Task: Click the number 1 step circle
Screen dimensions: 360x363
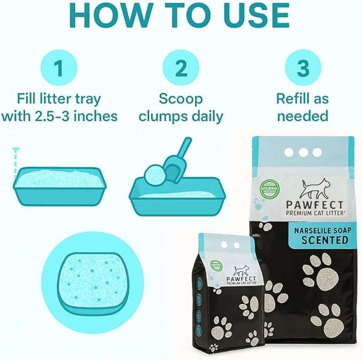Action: click(59, 68)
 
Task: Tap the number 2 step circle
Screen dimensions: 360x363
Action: click(181, 68)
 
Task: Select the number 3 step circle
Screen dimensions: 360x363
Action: click(303, 68)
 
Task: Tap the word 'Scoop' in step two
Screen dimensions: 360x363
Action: click(181, 99)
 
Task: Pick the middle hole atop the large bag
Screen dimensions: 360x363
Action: click(303, 152)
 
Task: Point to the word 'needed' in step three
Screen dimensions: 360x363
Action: click(302, 116)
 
